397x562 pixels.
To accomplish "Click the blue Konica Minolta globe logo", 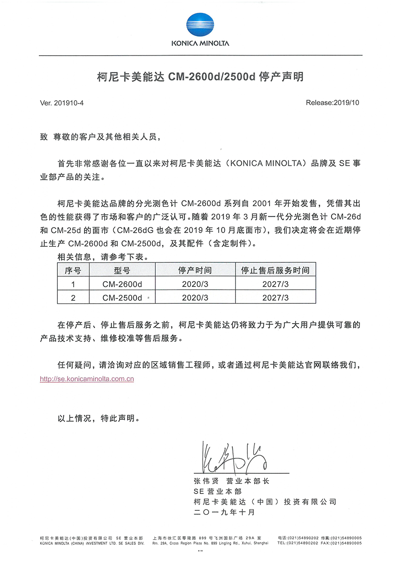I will [201, 25].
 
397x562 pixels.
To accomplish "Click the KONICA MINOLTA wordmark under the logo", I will [201, 43].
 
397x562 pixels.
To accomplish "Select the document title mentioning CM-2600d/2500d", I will [200, 77].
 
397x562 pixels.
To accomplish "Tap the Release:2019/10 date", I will [333, 103].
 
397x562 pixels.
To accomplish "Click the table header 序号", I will [73, 270].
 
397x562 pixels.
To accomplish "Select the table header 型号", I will [122, 270].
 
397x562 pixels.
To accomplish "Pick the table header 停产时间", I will [195, 270].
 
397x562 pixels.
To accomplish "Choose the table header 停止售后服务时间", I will [275, 270].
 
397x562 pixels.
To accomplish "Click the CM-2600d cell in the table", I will [122, 284].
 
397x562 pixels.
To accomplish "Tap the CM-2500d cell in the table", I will [122, 298].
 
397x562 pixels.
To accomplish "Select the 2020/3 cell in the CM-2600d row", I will [195, 284].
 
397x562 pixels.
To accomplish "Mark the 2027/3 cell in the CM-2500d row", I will [275, 298].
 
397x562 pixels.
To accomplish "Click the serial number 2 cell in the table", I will [73, 298].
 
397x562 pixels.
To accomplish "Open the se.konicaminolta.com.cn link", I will [87, 379].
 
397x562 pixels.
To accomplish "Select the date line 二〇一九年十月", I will [224, 512].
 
